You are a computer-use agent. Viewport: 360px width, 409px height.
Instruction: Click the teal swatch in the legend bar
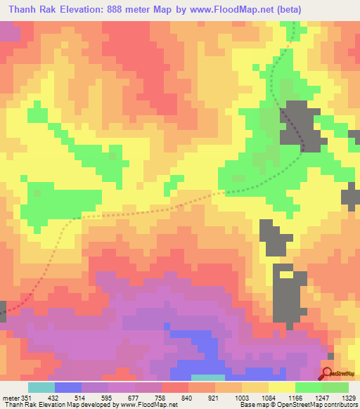[41, 388]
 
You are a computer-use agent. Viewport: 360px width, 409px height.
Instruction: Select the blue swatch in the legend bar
[68, 388]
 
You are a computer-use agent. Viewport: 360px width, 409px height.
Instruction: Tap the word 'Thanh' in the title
[25, 10]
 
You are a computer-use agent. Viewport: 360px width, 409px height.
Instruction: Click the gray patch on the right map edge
[352, 197]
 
